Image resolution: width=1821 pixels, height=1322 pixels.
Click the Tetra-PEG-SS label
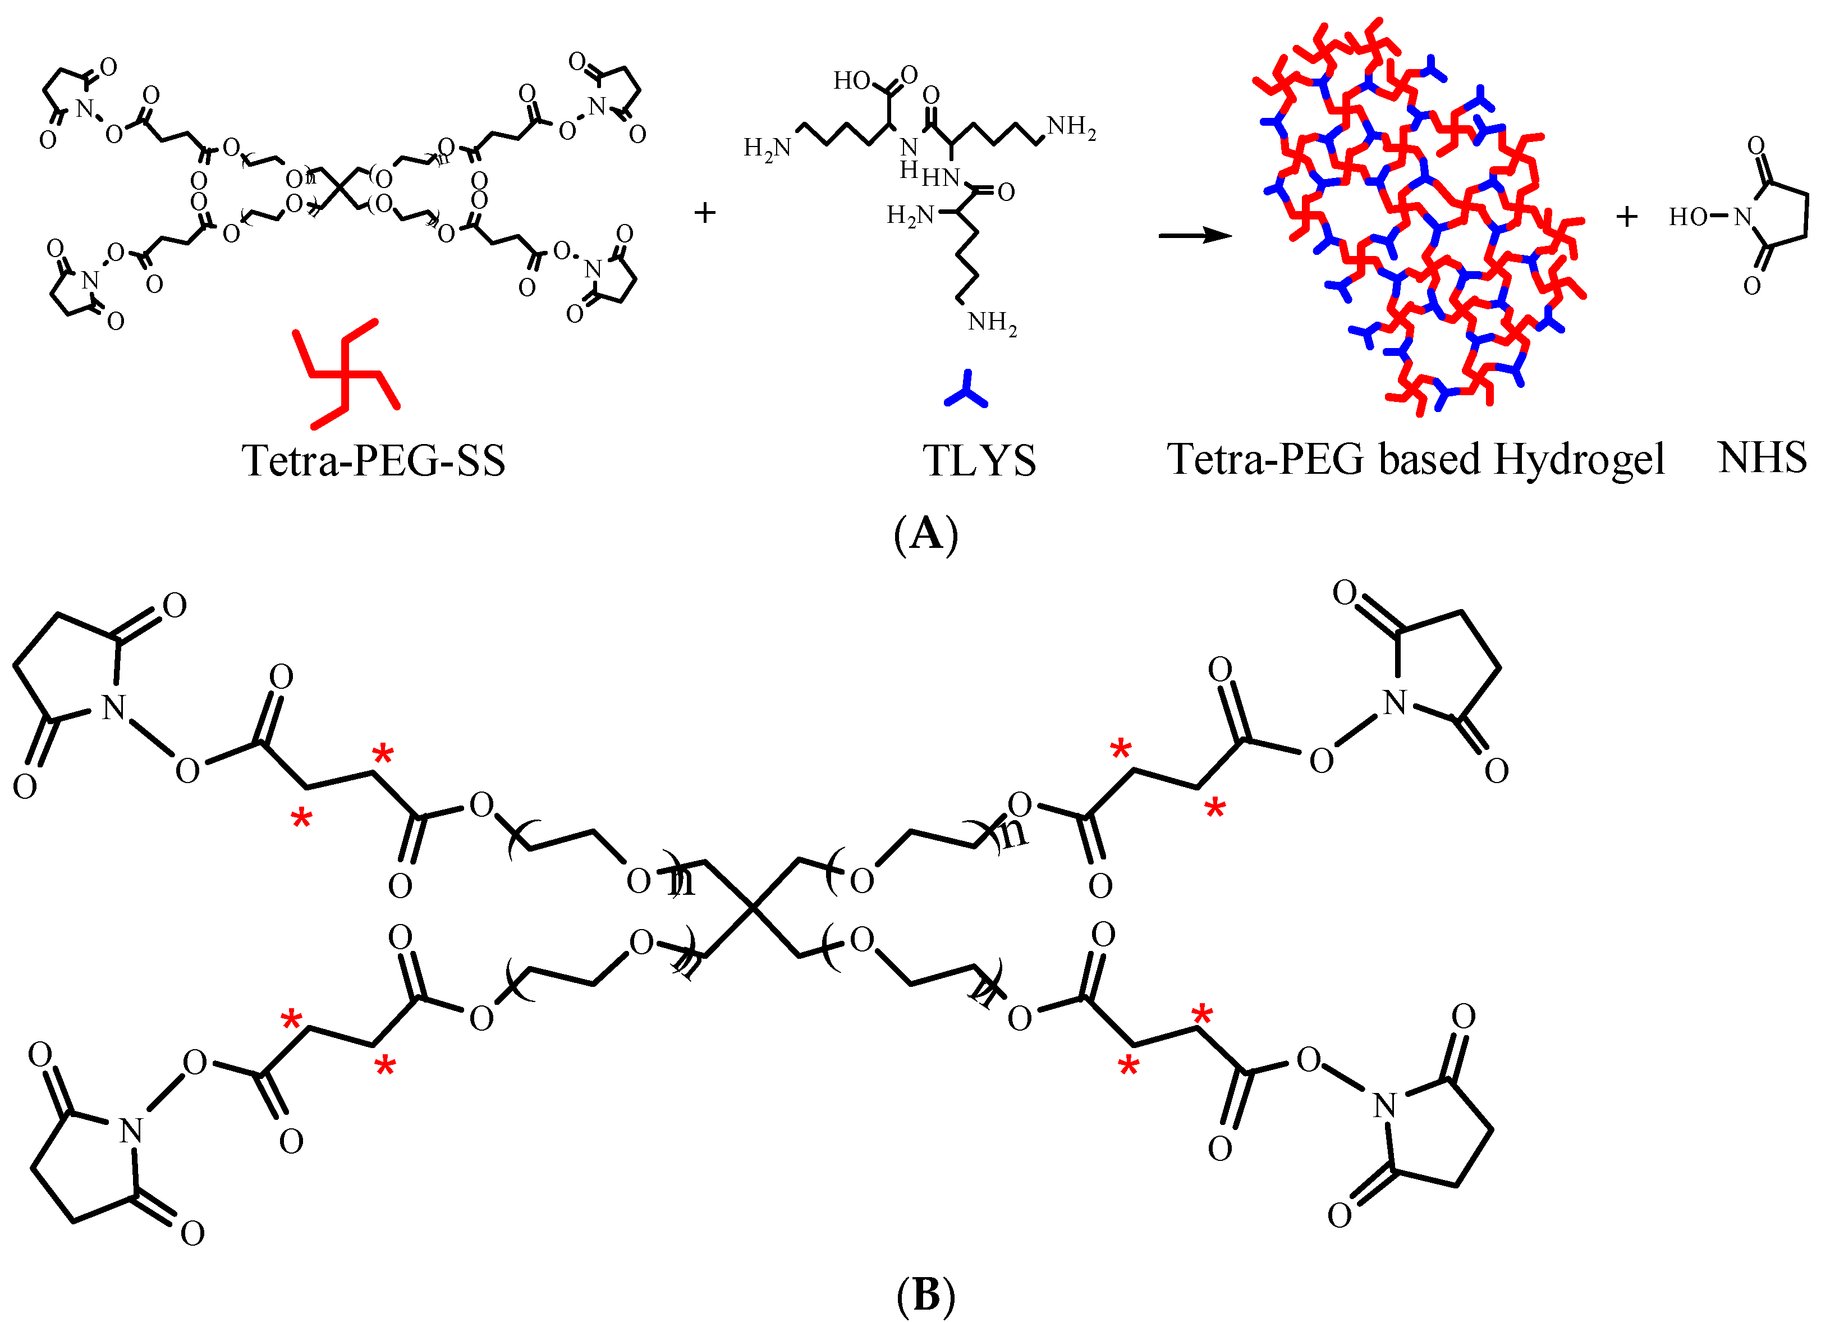point(373,460)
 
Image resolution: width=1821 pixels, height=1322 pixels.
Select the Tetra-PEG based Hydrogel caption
point(1415,460)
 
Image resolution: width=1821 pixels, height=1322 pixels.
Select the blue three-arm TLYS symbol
point(966,390)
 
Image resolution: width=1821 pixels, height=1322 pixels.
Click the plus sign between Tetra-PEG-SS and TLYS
point(704,213)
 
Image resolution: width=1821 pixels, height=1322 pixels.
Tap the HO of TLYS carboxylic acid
point(851,80)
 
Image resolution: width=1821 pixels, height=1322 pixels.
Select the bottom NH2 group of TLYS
point(992,323)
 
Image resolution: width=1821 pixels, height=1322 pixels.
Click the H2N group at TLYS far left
point(767,149)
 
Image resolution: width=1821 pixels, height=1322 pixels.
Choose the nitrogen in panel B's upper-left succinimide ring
point(114,707)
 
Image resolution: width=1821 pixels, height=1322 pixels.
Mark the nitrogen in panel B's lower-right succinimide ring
point(1384,1106)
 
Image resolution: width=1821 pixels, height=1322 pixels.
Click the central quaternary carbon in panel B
point(753,908)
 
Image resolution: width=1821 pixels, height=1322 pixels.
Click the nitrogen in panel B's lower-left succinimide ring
point(131,1131)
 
